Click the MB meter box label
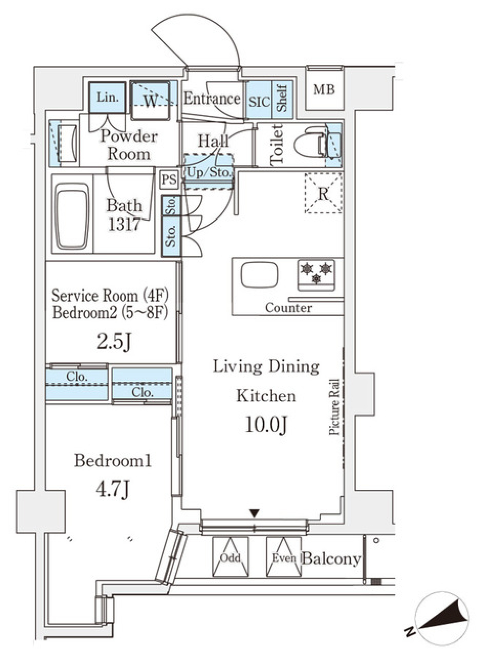click(324, 90)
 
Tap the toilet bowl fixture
click(307, 145)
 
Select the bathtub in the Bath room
click(73, 215)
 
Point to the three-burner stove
click(316, 274)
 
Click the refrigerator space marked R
click(323, 194)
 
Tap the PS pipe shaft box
click(169, 180)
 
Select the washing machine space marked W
click(150, 100)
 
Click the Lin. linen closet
click(107, 97)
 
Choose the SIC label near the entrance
click(259, 102)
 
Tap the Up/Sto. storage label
click(209, 173)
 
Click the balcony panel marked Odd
click(230, 557)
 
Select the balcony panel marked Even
click(284, 557)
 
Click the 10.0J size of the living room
click(266, 425)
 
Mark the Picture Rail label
click(335, 406)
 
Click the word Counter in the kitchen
click(288, 307)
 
